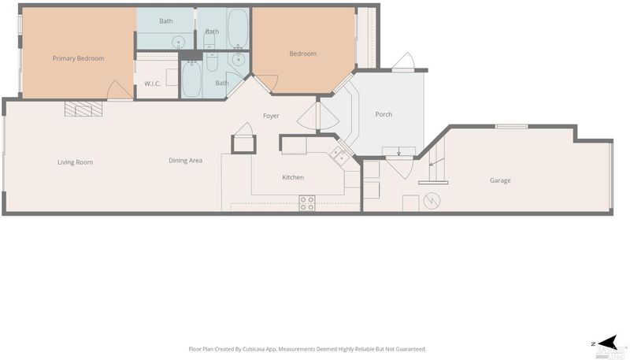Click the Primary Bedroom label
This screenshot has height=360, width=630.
coord(78,58)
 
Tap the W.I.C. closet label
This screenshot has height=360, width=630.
coord(152,84)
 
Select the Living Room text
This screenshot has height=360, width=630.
coord(75,162)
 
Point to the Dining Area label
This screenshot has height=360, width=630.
coord(185,161)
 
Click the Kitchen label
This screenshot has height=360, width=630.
coord(293,177)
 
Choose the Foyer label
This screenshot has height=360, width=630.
coord(271,116)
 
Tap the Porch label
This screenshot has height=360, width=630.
coord(384,114)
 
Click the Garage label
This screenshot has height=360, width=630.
coord(500,180)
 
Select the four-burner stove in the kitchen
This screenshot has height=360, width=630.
coord(307,203)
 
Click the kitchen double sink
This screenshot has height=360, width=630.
coord(339,155)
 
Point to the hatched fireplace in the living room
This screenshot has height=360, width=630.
coord(83,109)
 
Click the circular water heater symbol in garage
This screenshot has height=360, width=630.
coord(432,201)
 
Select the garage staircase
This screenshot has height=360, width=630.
coord(437,158)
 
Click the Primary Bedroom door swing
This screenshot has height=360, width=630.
coord(120,90)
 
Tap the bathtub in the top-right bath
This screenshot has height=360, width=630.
coord(238,28)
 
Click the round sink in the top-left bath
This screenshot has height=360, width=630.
coord(179,42)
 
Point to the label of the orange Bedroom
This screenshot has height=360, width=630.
coord(303,54)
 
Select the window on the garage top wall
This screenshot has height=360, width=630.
coord(511,127)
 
